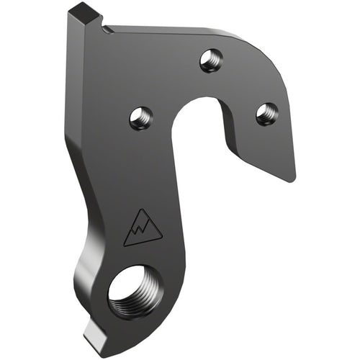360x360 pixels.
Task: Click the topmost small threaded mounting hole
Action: [x=210, y=60]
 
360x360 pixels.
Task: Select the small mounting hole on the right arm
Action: [x=267, y=112]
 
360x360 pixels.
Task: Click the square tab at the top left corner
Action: [x=86, y=14]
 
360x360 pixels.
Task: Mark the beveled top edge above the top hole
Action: [x=180, y=31]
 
